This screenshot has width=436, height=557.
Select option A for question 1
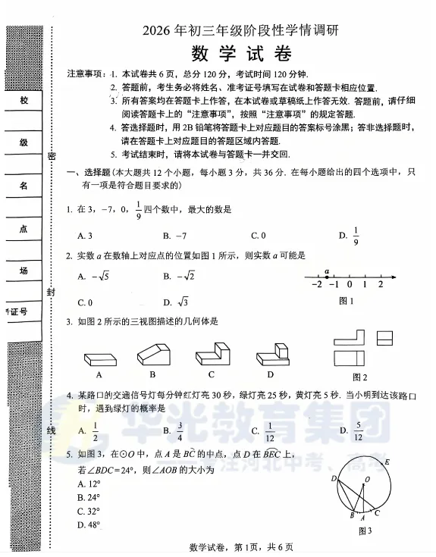(x=85, y=235)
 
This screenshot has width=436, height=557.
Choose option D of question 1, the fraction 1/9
(x=351, y=235)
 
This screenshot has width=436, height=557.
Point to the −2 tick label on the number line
(x=317, y=285)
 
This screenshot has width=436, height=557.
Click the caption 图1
(x=347, y=301)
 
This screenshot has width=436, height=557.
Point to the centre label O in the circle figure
(x=367, y=479)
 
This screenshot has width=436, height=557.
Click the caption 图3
(x=365, y=530)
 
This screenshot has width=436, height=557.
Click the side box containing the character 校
(x=24, y=102)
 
